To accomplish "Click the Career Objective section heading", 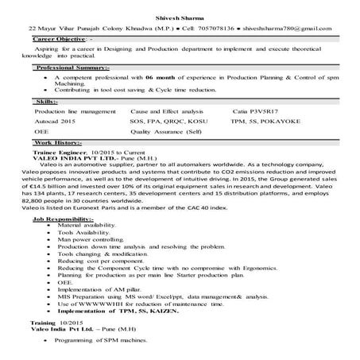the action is [60, 37].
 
